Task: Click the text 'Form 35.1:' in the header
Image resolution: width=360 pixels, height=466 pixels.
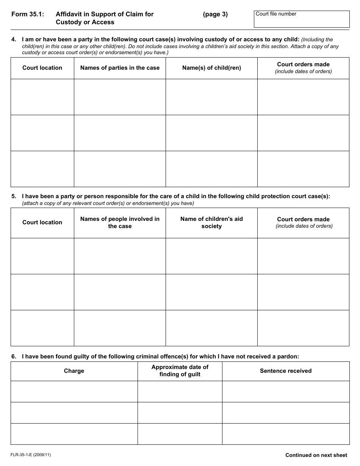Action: click(x=28, y=14)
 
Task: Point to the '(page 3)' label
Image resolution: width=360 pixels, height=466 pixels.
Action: click(x=215, y=14)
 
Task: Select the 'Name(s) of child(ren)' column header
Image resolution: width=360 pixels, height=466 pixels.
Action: click(x=211, y=68)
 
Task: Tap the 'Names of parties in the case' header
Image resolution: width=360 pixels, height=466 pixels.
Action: click(x=120, y=68)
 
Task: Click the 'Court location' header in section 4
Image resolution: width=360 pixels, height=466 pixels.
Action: click(x=42, y=68)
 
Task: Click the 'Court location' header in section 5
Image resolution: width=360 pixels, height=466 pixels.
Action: click(x=42, y=222)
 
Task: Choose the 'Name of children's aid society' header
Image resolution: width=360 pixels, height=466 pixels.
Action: click(x=211, y=222)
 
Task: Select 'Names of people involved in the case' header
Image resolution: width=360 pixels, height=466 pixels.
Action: click(x=120, y=222)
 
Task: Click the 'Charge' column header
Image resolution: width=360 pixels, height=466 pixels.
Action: click(x=74, y=371)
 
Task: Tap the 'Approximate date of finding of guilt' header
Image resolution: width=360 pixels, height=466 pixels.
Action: click(x=180, y=371)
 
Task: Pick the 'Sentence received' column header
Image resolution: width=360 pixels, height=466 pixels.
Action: click(x=286, y=371)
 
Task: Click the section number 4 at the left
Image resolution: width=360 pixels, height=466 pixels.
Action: click(x=14, y=39)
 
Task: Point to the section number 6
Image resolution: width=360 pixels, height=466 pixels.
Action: click(x=14, y=356)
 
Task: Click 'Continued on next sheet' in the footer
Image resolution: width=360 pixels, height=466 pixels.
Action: click(x=316, y=455)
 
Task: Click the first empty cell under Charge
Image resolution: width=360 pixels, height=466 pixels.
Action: click(x=74, y=391)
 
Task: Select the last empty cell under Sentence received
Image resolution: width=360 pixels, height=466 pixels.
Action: click(x=286, y=434)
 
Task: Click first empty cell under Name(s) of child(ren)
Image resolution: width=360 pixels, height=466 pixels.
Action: click(x=211, y=97)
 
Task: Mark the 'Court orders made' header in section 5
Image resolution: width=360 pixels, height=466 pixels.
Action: click(x=303, y=222)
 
